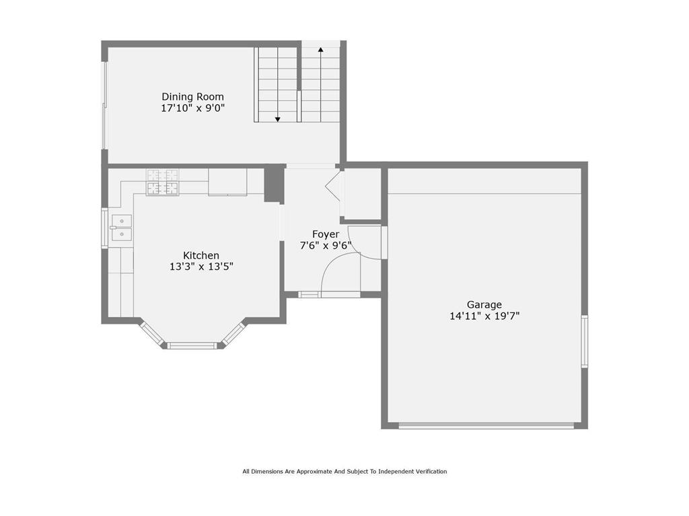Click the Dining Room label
coord(192,97)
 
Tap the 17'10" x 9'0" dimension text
coord(193,108)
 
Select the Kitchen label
coord(201,255)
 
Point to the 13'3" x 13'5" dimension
coord(201,266)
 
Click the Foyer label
coord(326,234)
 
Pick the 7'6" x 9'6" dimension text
coord(326,245)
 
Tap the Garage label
coord(484,304)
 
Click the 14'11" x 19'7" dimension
coord(484,316)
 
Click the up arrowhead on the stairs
coord(321,50)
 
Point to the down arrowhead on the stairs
coord(277,120)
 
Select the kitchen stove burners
coord(163,182)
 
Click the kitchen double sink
coord(121,228)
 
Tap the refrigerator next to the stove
coord(227,181)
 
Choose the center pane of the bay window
coord(192,346)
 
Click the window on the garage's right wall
coord(585,341)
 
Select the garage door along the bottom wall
coord(486,425)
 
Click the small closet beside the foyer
coord(362,194)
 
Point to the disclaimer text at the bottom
coord(344,472)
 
